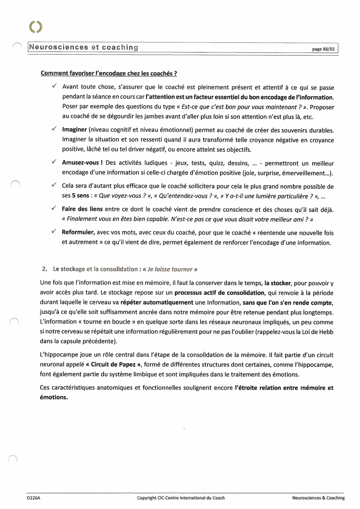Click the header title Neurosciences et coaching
coord(84,47)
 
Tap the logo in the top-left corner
coord(36,27)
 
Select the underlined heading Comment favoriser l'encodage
coord(109,73)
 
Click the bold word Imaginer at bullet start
coord(74,130)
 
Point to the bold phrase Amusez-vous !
coord(82,163)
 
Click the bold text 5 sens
coord(80,196)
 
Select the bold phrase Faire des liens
coord(82,209)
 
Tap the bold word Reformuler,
coord(78,232)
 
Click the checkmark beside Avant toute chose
coord(54,86)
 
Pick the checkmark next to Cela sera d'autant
coord(54,185)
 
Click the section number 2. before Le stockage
coord(44,269)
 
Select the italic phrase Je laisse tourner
coord(170,269)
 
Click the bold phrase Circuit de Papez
coord(113,364)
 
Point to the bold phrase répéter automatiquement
coord(157,302)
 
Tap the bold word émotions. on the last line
coord(54,397)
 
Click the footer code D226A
coord(33,498)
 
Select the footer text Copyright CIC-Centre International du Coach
coord(181,498)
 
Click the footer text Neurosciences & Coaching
coord(318,498)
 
